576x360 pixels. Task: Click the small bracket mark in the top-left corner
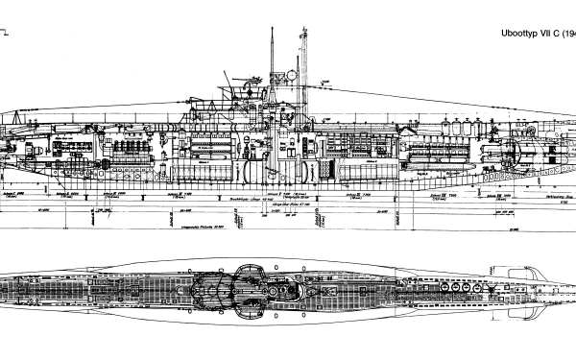pos(10,33)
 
